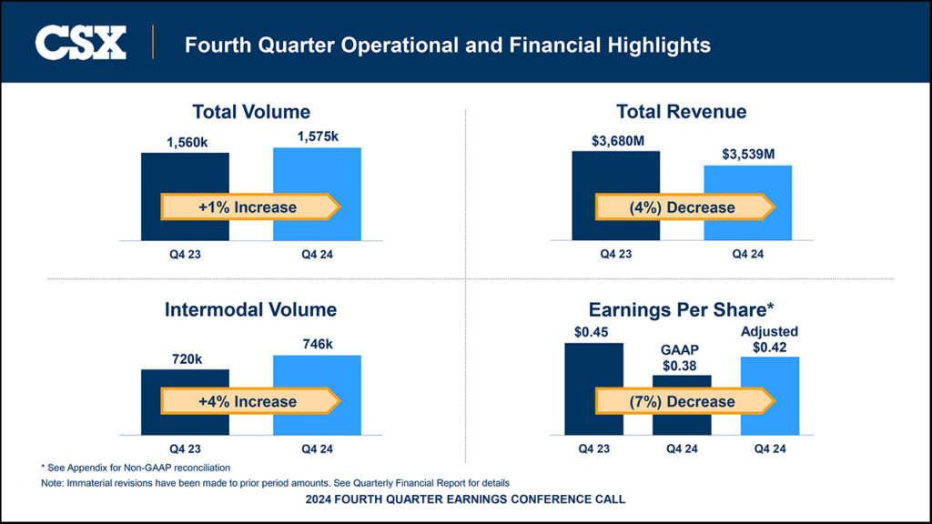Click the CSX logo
[x=80, y=43]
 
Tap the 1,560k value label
[x=185, y=142]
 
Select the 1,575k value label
[x=317, y=136]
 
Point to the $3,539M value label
[x=748, y=155]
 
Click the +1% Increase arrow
[x=249, y=207]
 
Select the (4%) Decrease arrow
[x=684, y=207]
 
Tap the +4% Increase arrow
[x=249, y=401]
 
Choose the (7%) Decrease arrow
[x=684, y=401]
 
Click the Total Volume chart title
[x=251, y=112]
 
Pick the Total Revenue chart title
[x=681, y=112]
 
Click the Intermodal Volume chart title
[x=250, y=309]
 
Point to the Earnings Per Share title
[x=682, y=309]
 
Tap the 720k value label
[x=187, y=359]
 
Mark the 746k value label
[x=317, y=344]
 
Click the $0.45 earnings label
[x=593, y=331]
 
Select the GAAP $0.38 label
[x=682, y=357]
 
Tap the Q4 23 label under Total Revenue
[x=616, y=254]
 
